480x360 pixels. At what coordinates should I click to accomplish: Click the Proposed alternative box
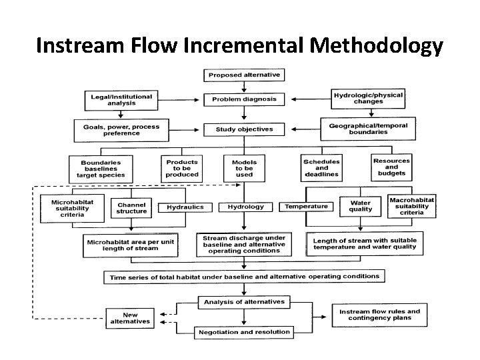[x=244, y=75]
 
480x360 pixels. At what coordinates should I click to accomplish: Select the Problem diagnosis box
[x=244, y=99]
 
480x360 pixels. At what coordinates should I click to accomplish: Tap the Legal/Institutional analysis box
[x=121, y=100]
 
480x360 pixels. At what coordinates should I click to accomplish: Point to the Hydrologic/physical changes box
[x=368, y=99]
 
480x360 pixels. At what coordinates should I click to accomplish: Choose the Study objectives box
[x=244, y=129]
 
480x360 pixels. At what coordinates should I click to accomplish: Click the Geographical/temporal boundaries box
[x=367, y=129]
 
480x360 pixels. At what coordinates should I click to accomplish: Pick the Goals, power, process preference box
[x=121, y=129]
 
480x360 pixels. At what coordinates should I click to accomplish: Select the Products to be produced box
[x=182, y=168]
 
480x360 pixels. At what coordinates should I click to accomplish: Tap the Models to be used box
[x=244, y=169]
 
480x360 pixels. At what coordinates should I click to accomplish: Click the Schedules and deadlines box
[x=321, y=168]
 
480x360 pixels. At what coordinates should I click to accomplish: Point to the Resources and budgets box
[x=392, y=167]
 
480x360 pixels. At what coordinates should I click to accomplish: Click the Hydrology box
[x=245, y=207]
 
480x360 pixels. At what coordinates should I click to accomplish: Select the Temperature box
[x=306, y=207]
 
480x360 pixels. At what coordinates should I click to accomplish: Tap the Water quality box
[x=361, y=205]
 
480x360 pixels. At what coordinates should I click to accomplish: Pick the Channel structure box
[x=131, y=208]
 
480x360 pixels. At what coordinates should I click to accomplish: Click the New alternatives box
[x=130, y=318]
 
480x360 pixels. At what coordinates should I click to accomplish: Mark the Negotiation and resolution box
[x=244, y=332]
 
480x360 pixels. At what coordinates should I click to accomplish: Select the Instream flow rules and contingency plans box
[x=379, y=315]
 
